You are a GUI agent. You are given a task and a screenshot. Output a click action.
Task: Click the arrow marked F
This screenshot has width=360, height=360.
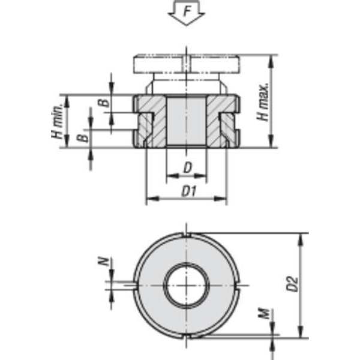click(x=186, y=13)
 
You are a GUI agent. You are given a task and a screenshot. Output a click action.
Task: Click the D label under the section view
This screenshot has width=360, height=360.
click(x=187, y=169)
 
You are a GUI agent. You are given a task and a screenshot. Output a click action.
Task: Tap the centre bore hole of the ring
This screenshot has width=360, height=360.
click(x=187, y=284)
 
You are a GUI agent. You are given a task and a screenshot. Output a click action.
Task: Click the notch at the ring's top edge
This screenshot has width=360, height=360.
click(x=187, y=233)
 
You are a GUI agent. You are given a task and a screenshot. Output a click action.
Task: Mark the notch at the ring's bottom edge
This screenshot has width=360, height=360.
click(x=187, y=336)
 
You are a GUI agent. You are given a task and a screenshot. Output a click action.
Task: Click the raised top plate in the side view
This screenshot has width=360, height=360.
click(x=187, y=63)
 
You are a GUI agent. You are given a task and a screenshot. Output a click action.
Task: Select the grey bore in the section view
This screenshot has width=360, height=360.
click(x=187, y=120)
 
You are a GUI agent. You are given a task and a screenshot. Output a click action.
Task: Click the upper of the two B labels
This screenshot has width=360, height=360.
click(x=106, y=102)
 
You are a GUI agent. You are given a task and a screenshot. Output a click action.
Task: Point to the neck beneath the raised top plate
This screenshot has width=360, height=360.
click(x=187, y=83)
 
